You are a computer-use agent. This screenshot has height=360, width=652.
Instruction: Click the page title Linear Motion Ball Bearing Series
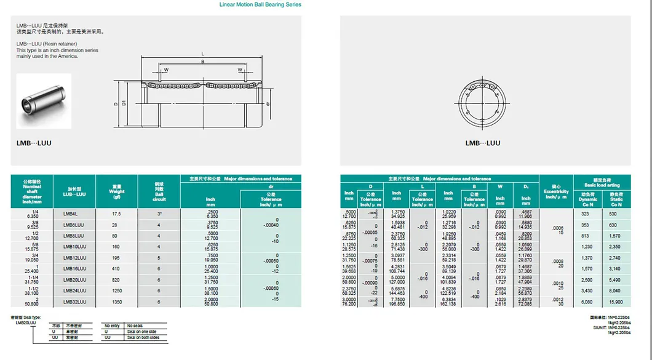click(260, 4)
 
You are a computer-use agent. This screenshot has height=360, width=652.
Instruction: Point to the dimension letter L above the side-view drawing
click(203, 54)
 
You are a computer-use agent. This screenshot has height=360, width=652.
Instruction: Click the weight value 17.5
click(116, 214)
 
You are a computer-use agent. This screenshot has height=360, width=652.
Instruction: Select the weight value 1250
click(116, 291)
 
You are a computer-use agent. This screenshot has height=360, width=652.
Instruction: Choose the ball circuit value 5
click(158, 258)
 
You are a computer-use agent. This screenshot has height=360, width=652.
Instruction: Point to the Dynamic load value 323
click(586, 214)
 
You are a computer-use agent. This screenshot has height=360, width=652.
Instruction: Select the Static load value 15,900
click(616, 302)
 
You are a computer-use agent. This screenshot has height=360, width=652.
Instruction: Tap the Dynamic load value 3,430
click(586, 291)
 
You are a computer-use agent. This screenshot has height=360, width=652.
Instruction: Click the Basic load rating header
click(602, 182)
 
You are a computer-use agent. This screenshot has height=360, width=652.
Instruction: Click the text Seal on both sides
click(143, 338)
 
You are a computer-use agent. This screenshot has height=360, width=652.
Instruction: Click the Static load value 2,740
click(616, 258)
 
